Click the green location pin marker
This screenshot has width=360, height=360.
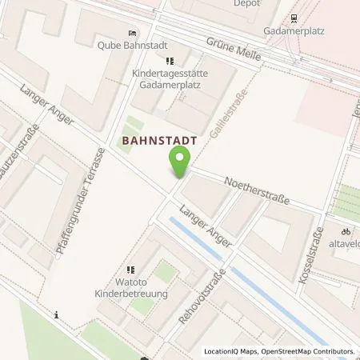(180, 165)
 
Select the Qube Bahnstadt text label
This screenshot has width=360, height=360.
(131, 45)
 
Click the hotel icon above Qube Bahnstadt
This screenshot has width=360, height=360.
(132, 33)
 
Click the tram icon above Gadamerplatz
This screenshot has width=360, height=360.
(294, 18)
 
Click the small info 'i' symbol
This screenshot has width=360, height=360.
(56, 315)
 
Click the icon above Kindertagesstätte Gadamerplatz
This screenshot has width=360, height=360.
(169, 60)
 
